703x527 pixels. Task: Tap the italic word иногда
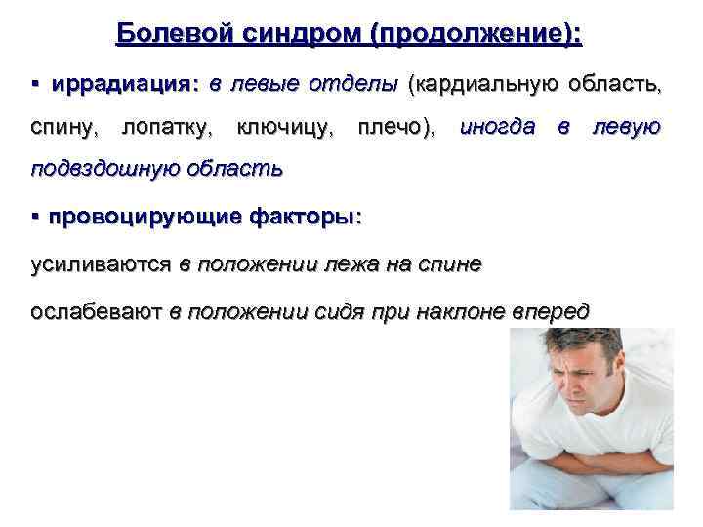pyautogui.click(x=496, y=126)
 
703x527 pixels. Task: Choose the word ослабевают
pyautogui.click(x=95, y=312)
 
